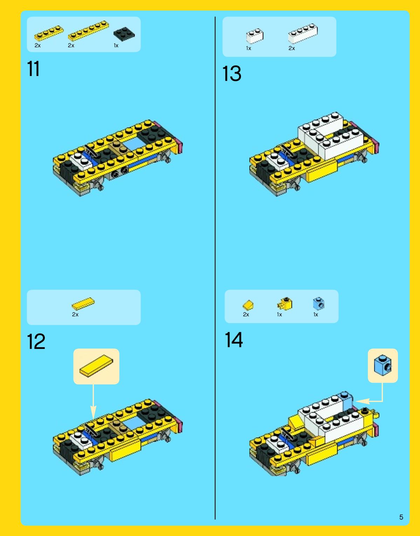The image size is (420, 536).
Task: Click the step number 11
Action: coord(33,69)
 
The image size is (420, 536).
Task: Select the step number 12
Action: coord(36,341)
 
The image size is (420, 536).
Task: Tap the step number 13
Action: coord(232,73)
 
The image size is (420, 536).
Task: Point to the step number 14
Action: coord(234,340)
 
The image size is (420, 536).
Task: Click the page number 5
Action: coord(401,517)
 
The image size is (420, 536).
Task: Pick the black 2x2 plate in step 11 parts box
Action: coord(124,34)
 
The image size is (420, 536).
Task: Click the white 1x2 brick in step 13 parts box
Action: coord(255,36)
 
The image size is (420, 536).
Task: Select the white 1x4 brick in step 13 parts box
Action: coord(303,34)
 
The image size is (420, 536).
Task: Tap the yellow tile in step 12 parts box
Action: coord(83,304)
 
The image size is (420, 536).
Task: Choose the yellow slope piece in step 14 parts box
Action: coord(248,305)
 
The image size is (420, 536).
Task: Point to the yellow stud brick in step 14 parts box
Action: coord(285,303)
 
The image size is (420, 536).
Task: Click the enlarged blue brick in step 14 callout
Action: coord(383,365)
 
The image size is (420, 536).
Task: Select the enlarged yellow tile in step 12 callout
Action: coord(96,366)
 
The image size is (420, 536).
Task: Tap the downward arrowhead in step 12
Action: coord(93,412)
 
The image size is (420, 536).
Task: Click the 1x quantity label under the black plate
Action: coord(116,46)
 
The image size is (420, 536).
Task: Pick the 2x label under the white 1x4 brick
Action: coord(291,48)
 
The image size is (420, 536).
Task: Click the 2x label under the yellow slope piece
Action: coord(246,315)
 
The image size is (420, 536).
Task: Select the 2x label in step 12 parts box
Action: coord(75,315)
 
